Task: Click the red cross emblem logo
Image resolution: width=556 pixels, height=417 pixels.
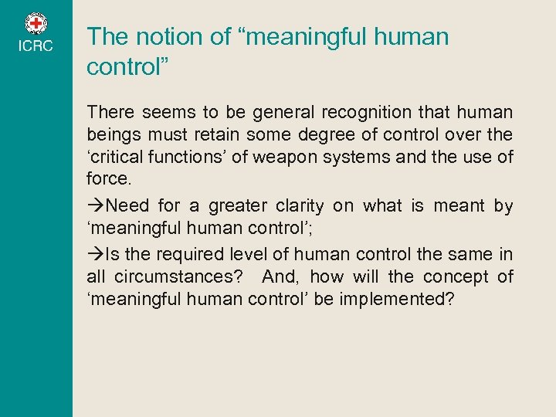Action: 36,24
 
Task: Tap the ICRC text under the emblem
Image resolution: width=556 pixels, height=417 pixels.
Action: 36,46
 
